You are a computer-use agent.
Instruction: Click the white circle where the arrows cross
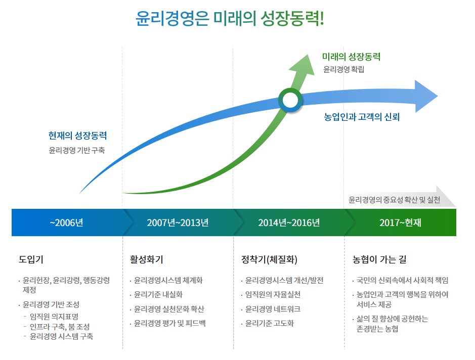click(x=290, y=100)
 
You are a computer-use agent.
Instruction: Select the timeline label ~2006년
click(x=66, y=222)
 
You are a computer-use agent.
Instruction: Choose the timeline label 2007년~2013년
click(x=178, y=222)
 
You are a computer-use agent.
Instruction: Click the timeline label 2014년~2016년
click(x=289, y=222)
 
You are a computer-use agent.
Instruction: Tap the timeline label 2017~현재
click(x=400, y=222)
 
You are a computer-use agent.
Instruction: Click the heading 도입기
click(x=31, y=260)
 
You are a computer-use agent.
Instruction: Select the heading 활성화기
click(x=146, y=260)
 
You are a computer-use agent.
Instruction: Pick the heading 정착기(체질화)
click(x=269, y=260)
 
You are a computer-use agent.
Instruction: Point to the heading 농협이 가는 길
click(x=379, y=260)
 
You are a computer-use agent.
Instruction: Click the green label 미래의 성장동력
click(x=351, y=57)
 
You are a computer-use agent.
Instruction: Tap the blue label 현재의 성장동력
click(x=77, y=136)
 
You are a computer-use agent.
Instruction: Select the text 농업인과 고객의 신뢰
click(x=362, y=117)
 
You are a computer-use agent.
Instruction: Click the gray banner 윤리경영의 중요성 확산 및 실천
click(x=394, y=200)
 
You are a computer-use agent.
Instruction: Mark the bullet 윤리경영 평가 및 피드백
click(x=169, y=323)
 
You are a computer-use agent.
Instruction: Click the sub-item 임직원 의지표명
click(x=54, y=317)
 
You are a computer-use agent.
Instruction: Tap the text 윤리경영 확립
click(x=343, y=69)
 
